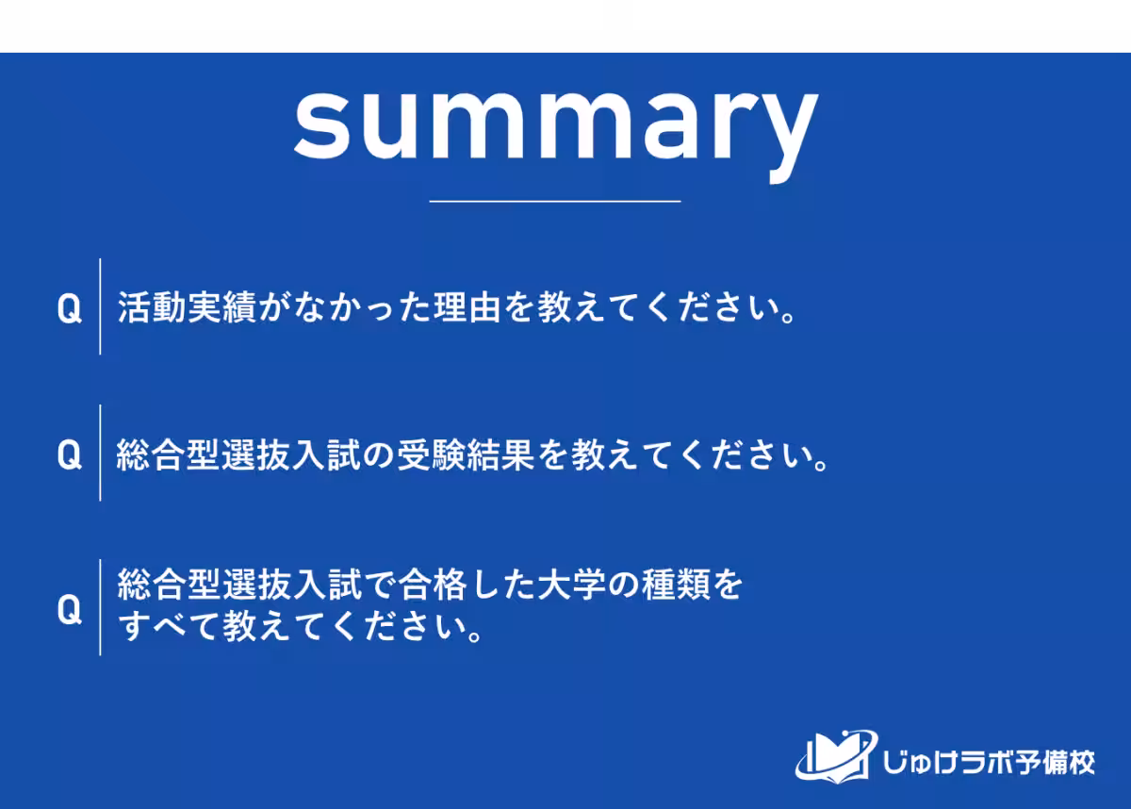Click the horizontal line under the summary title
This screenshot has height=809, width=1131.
[554, 201]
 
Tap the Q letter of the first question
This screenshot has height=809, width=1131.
[69, 308]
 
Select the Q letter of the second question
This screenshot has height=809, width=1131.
[69, 455]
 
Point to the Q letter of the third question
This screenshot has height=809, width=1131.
[69, 609]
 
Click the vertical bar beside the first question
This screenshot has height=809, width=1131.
[100, 306]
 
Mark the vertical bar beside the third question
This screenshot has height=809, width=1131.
[100, 607]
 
